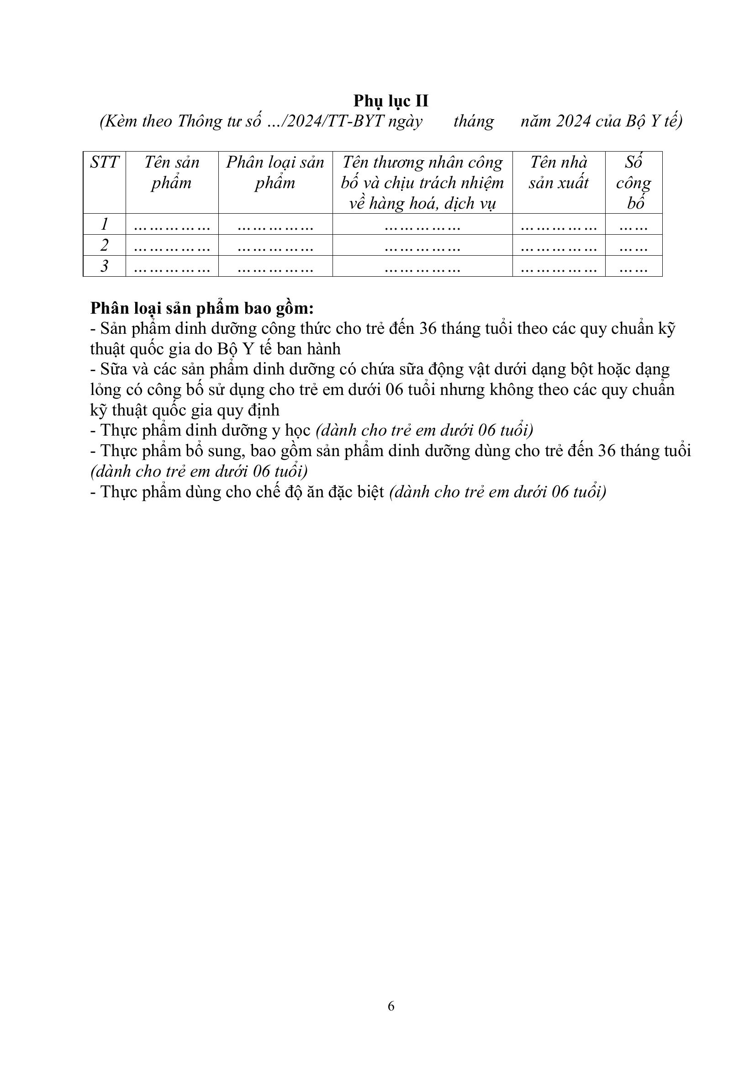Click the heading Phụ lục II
391,101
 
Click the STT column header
104,163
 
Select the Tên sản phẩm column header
172,173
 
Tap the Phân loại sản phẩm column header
275,173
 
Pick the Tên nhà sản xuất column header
558,173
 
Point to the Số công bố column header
633,183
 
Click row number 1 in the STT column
104,224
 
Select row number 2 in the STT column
104,245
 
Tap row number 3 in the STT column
104,266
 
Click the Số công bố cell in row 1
633,225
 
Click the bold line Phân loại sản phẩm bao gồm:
202,308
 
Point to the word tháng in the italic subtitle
473,121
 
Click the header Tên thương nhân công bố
422,173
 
